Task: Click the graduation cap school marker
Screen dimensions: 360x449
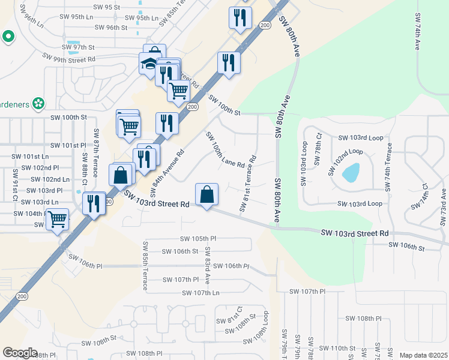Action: (x=148, y=64)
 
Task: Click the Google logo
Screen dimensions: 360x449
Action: (x=19, y=353)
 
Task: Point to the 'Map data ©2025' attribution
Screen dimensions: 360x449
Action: (x=423, y=355)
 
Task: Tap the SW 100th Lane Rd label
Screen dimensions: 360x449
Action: (x=225, y=149)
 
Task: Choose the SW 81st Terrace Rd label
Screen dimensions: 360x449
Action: (x=249, y=184)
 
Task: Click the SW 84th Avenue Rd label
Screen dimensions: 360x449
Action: (x=166, y=170)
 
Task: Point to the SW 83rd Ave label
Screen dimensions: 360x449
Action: (x=207, y=264)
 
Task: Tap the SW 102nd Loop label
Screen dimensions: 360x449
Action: (x=345, y=161)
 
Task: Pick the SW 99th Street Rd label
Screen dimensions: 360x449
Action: (x=69, y=58)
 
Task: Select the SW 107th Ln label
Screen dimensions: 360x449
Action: (x=201, y=292)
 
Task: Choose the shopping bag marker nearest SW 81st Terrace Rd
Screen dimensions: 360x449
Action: (x=206, y=195)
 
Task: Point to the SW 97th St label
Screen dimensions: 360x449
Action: (x=78, y=47)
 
